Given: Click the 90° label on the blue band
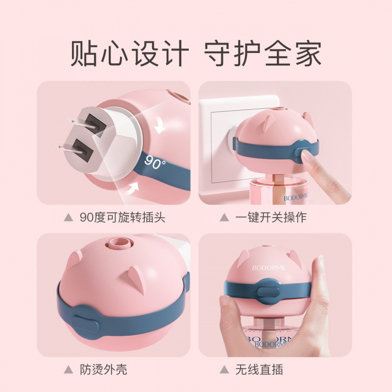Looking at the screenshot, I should pyautogui.click(x=155, y=163).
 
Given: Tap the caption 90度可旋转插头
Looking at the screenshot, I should pyautogui.click(x=122, y=218).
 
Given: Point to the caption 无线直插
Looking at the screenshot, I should pyautogui.click(x=259, y=369).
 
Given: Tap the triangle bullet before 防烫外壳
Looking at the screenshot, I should pyautogui.click(x=68, y=369).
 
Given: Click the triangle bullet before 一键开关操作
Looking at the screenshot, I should pyautogui.click(x=224, y=218).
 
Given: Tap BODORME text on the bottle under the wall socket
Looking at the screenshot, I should pyautogui.click(x=299, y=198).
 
